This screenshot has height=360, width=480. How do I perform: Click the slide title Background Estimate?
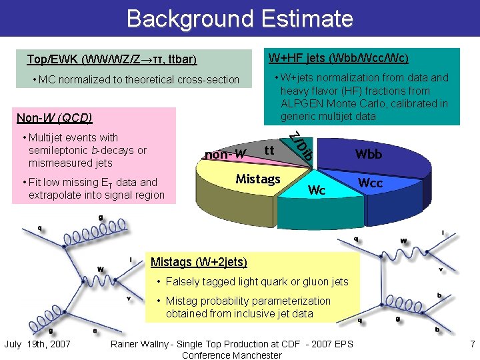coord(240,18)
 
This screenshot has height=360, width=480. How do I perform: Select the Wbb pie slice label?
coord(368,154)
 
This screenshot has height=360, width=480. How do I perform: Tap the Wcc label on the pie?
coord(370,183)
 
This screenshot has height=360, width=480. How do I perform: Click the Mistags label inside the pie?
coord(258,179)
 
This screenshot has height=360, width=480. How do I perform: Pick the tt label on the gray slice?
coord(271,150)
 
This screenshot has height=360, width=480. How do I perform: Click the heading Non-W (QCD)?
coord(54,119)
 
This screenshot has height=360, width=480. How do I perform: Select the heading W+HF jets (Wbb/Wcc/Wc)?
coord(338,58)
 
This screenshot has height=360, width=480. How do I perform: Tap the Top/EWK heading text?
coord(111,59)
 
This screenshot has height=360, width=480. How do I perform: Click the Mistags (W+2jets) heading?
coord(199,262)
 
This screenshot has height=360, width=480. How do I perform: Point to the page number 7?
coord(471,344)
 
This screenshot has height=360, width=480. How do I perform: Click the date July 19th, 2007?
coord(38,344)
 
